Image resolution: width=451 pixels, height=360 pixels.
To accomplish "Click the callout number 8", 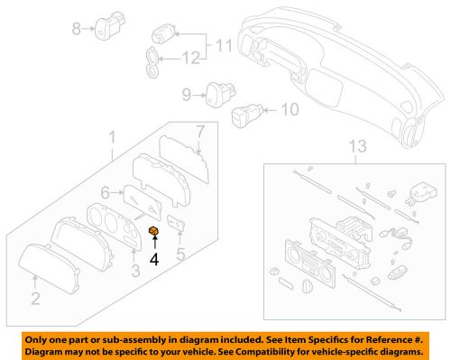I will tap(78, 29).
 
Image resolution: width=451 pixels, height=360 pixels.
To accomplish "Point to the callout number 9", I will tap(186, 94).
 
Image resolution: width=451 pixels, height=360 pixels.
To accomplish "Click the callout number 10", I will tap(289, 112).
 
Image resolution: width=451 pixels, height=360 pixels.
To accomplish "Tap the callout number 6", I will tap(105, 191).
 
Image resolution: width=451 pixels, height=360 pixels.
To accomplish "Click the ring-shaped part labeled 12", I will tap(154, 64).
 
